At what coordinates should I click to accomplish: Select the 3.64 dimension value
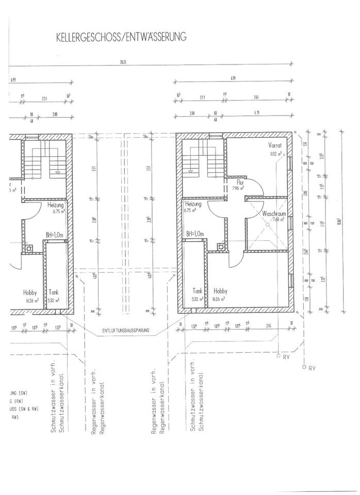pos(256,97)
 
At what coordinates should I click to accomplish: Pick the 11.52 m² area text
pos(275,154)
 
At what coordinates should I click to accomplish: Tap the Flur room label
pos(240,182)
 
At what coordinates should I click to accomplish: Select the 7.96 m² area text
pos(239,188)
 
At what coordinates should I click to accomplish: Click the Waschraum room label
pos(273,213)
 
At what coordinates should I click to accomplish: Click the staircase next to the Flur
pos(204,160)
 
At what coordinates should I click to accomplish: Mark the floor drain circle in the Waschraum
pos(268,224)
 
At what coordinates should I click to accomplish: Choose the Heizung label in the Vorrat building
pos(193,204)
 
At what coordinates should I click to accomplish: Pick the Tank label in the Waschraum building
pos(197,290)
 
